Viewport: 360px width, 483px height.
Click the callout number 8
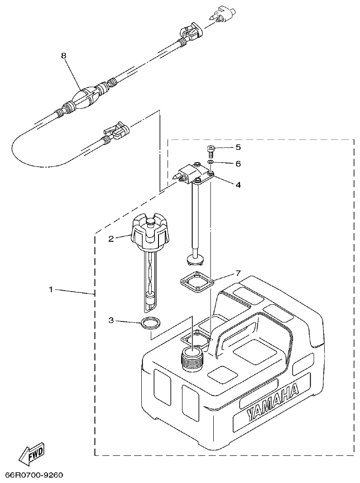point(63,55)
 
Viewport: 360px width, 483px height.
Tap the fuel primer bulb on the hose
point(87,96)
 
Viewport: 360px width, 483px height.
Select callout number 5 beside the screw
point(238,148)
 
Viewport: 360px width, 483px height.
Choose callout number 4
point(238,185)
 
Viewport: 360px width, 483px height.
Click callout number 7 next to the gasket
point(238,273)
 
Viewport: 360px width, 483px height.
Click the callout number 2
point(110,238)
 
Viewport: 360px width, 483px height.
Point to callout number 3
point(110,320)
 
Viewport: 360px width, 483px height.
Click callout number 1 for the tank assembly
point(51,289)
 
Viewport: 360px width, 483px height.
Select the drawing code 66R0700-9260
point(34,475)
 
